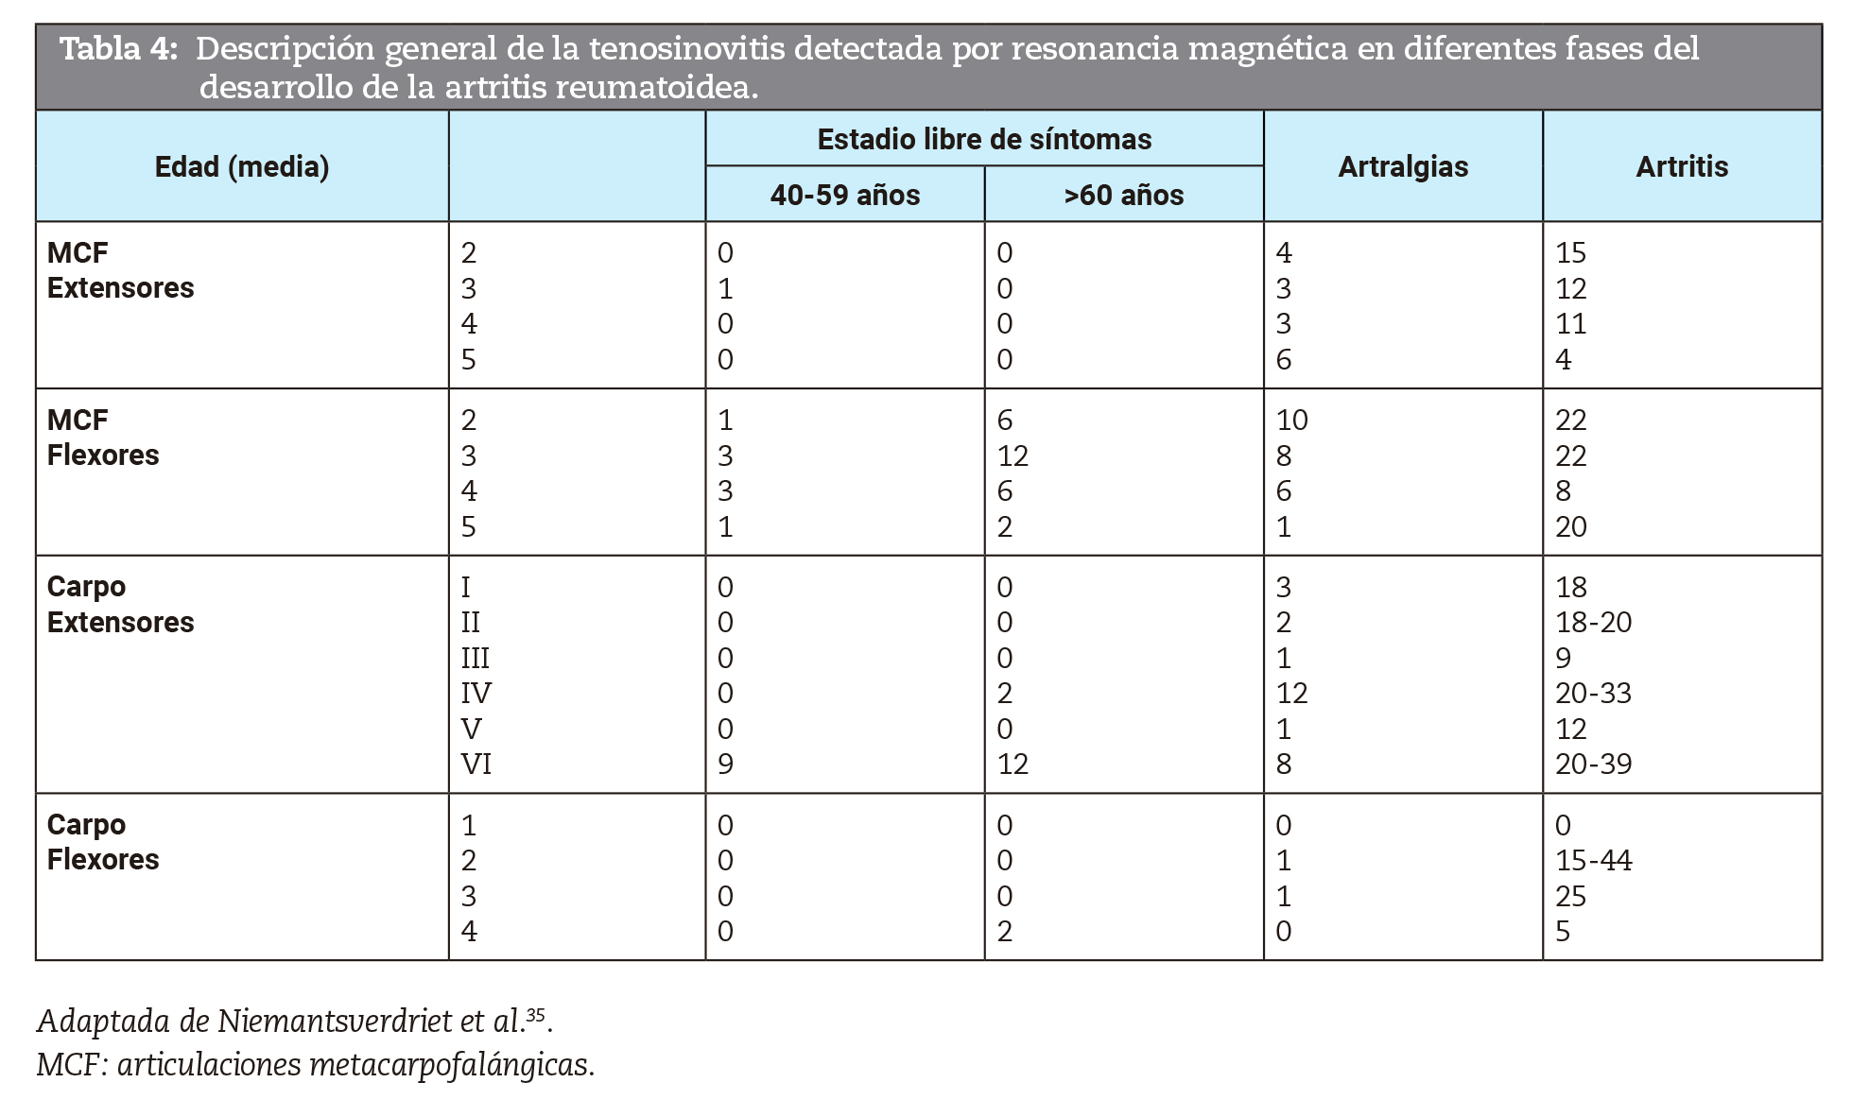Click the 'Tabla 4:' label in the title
(x=119, y=49)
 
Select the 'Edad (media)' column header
(x=242, y=167)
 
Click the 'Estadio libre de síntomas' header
(x=984, y=140)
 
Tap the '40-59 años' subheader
(x=844, y=196)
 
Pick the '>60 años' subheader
(x=1123, y=196)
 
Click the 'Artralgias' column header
(x=1403, y=167)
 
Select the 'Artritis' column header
(x=1682, y=167)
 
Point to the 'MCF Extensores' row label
(x=120, y=270)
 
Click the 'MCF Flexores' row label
(x=103, y=438)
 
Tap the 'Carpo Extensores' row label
(x=120, y=605)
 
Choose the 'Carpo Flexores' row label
(x=103, y=842)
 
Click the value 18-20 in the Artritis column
(x=1594, y=623)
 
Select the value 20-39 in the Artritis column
(x=1594, y=765)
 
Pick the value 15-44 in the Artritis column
(x=1594, y=861)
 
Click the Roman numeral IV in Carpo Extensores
(x=476, y=694)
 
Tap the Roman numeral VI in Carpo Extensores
(x=476, y=765)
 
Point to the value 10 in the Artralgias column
(x=1291, y=421)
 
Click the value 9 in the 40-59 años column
(x=725, y=765)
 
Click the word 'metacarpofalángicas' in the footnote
(x=450, y=1065)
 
